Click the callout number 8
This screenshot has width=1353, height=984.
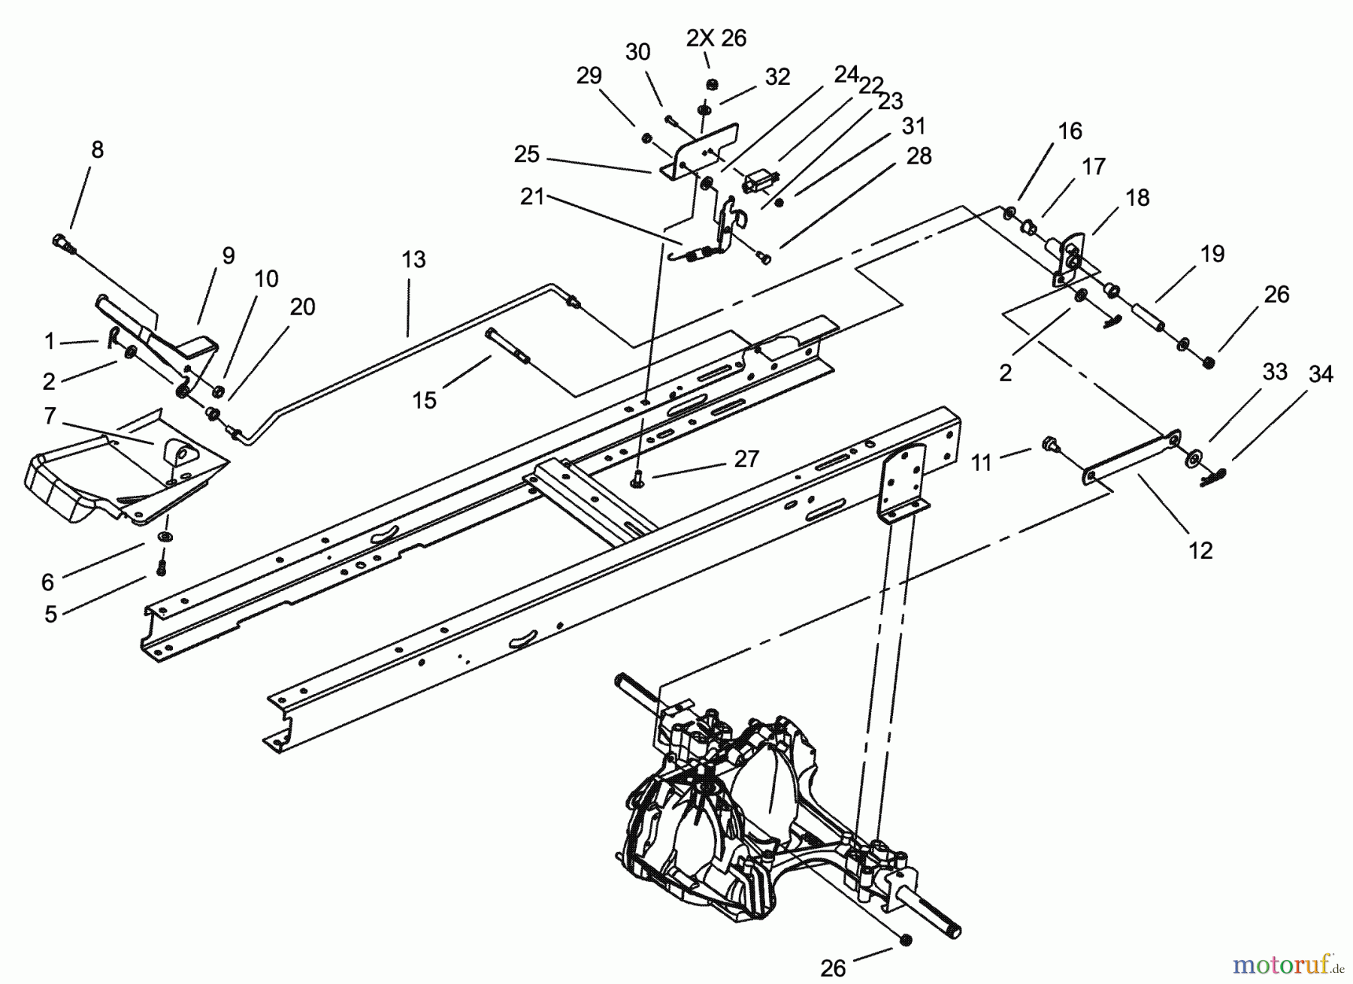pos(97,149)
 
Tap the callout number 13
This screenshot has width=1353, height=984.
pos(413,260)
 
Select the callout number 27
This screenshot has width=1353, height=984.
pos(746,459)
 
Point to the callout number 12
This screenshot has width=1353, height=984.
pos(1200,551)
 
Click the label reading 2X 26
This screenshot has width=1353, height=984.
pos(716,38)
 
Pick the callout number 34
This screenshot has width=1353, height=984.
pos(1321,373)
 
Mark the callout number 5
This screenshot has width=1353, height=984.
pos(50,614)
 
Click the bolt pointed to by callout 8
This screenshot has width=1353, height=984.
pos(61,241)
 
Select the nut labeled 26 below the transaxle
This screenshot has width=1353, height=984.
pos(906,940)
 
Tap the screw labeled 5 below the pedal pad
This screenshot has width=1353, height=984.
pos(160,569)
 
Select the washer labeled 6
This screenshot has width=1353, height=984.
pos(163,538)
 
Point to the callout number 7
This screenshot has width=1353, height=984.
pos(50,415)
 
